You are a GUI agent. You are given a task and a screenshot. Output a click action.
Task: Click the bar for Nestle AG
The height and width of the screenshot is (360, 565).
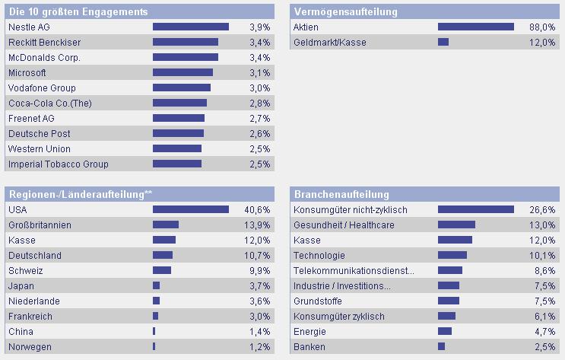(190, 27)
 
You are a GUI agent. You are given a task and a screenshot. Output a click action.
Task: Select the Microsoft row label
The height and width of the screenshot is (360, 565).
(27, 72)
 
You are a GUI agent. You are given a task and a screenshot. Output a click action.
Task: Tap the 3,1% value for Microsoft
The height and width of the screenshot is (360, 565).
(259, 72)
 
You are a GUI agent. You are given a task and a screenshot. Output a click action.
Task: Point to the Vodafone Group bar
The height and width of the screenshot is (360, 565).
(181, 88)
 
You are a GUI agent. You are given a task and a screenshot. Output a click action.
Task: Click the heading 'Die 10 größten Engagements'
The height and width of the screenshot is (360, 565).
(78, 11)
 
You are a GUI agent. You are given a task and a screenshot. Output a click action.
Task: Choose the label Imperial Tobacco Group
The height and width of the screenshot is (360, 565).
(59, 164)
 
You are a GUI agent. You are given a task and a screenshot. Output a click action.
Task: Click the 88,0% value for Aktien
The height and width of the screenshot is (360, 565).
(541, 27)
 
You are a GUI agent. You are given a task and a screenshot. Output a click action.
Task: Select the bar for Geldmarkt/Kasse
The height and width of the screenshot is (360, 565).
(443, 42)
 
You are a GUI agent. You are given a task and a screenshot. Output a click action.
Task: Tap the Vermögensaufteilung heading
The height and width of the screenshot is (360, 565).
(345, 11)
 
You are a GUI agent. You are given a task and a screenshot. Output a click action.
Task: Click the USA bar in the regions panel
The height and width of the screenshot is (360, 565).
(190, 209)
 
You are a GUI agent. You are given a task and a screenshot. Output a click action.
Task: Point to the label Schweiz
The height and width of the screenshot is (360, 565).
(24, 270)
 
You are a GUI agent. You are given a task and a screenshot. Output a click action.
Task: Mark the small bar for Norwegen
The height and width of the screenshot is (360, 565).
(154, 346)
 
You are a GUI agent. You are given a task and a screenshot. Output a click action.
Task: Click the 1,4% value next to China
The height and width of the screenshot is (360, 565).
(259, 331)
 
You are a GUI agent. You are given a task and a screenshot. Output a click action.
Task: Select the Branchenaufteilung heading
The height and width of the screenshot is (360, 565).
(341, 194)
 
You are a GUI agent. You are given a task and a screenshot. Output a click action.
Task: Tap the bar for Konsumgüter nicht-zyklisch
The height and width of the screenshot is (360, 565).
(475, 209)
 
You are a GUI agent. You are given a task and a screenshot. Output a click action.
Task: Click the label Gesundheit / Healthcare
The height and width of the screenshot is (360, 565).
(344, 225)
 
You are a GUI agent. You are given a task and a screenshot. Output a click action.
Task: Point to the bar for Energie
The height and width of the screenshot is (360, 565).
(445, 331)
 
